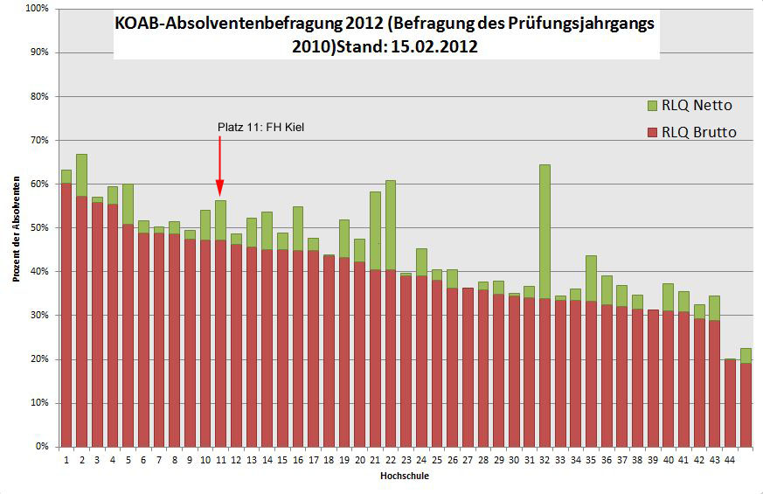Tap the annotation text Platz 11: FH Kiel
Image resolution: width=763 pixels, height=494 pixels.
(x=260, y=128)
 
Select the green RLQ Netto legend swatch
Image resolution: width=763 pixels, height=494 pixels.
(x=652, y=106)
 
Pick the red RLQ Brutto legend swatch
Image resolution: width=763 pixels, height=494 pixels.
(x=652, y=133)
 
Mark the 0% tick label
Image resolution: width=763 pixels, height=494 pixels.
(x=39, y=447)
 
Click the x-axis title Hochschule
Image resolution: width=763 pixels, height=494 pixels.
(x=404, y=477)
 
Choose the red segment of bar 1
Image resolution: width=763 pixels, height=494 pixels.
(x=66, y=315)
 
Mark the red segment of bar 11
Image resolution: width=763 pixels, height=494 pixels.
(x=220, y=341)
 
